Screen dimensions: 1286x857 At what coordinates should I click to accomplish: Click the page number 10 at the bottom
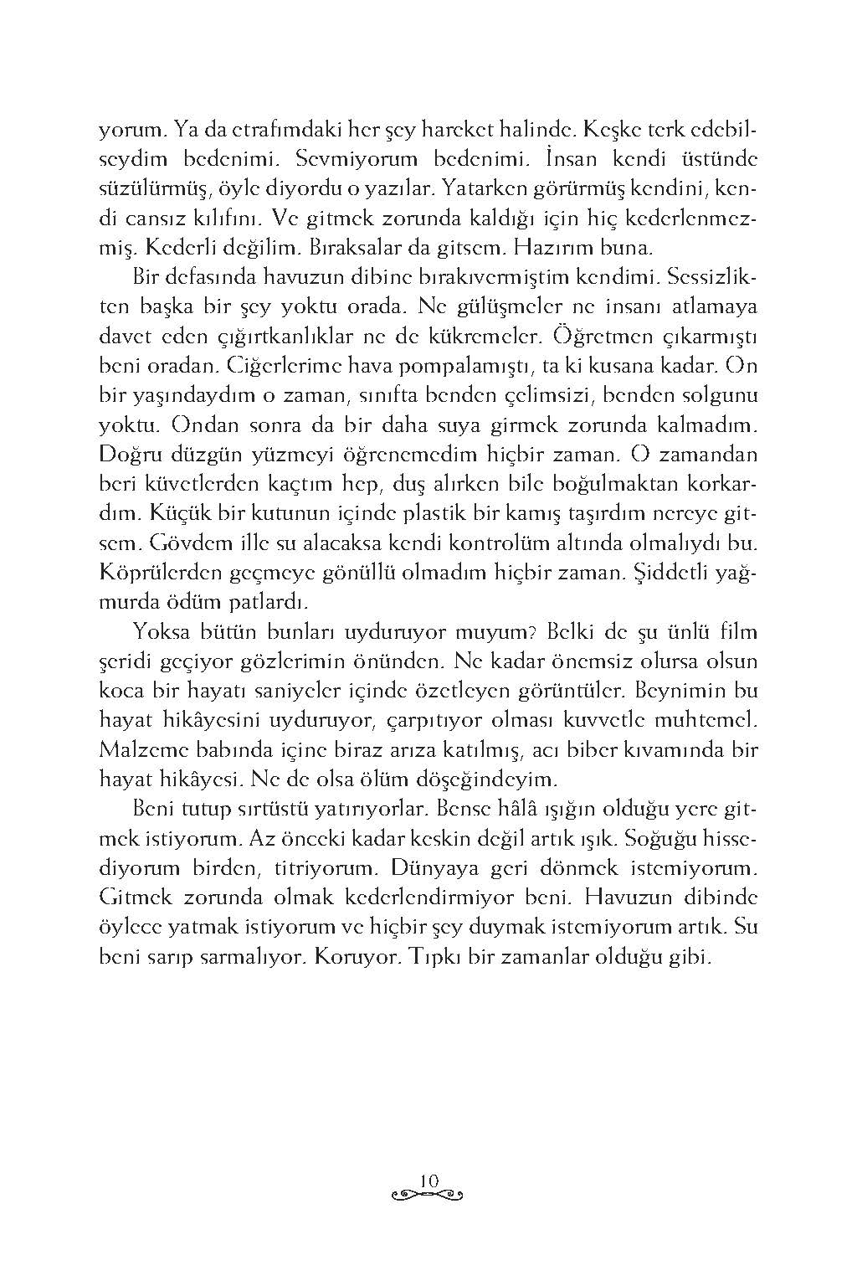coord(428,1179)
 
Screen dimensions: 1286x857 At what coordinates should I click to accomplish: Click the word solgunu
coord(721,395)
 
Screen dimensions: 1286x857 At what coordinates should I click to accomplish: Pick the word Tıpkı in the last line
coord(434,956)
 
